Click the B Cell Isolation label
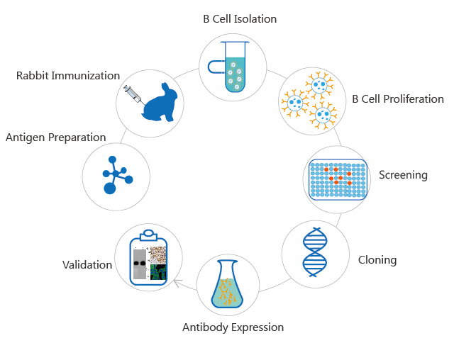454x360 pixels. tap(239, 18)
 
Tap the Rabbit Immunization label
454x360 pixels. tap(68, 76)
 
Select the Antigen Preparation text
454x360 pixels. tap(55, 137)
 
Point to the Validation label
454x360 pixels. tap(87, 265)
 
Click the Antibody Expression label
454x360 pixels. tap(233, 327)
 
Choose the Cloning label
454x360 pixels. tap(377, 260)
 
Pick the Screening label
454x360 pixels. tap(403, 175)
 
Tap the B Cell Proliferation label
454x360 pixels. tap(398, 99)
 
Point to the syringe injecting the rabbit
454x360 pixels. tap(133, 94)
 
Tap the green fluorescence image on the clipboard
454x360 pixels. tap(157, 271)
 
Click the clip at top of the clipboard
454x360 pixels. tap(148, 234)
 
